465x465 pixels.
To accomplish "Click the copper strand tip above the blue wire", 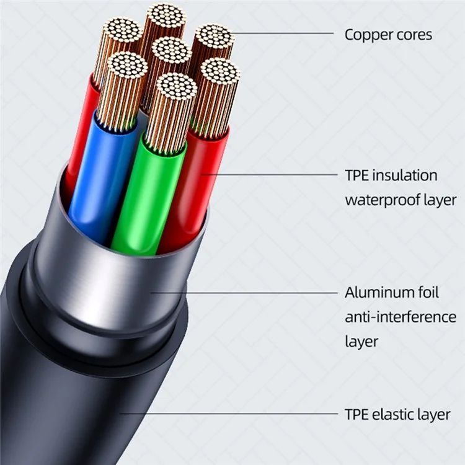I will click(x=127, y=66).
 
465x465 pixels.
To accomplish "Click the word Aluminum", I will click(x=380, y=292).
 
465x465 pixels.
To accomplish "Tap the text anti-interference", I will click(x=400, y=317).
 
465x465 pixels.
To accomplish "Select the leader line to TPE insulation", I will click(x=273, y=174).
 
